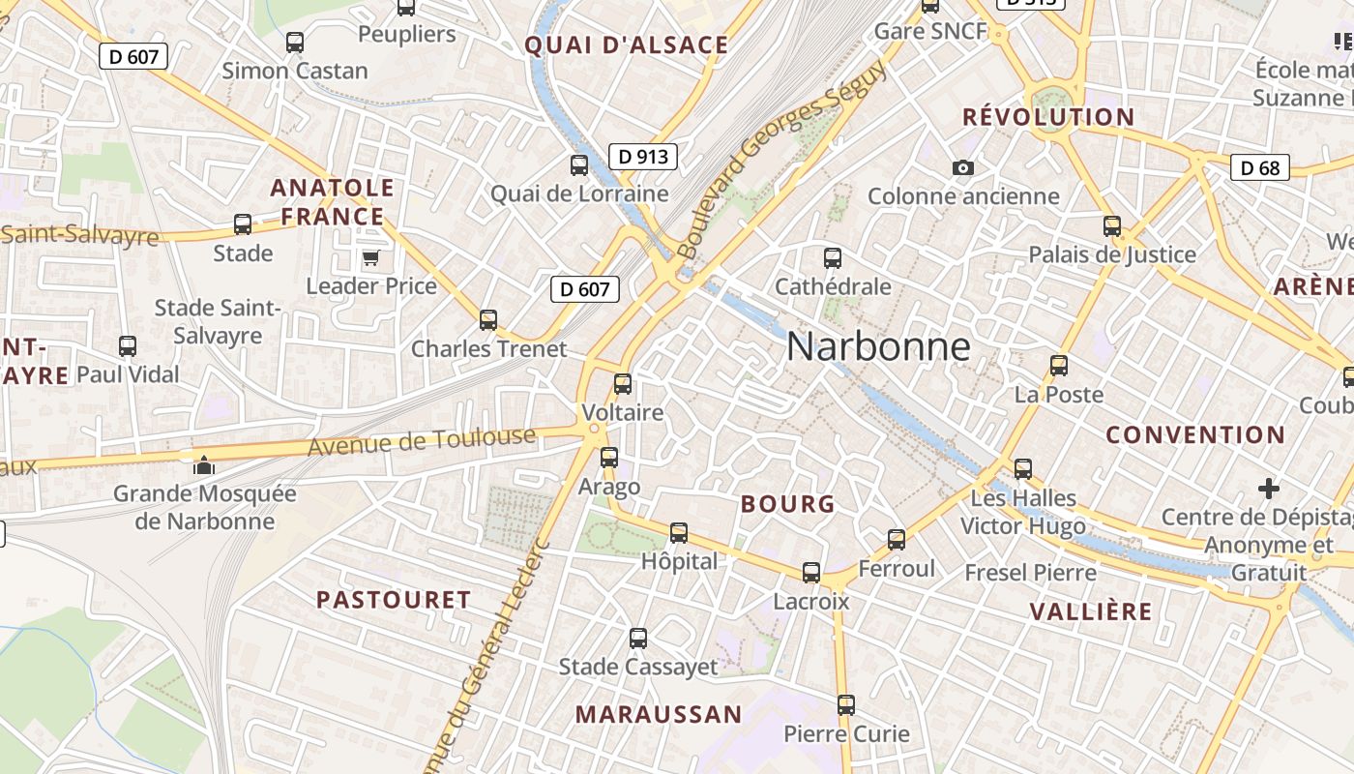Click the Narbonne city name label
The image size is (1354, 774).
878,346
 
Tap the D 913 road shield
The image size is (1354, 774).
643,156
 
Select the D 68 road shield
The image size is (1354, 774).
1260,167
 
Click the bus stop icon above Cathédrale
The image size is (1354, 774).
833,258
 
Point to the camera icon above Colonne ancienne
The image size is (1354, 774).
962,168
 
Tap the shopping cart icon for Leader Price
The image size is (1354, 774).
370,258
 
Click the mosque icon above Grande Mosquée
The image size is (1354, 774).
203,465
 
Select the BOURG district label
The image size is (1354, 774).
787,503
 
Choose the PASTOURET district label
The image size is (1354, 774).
394,600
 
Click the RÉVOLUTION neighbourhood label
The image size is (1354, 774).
1048,117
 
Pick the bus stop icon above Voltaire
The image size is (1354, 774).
623,384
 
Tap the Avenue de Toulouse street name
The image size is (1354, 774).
422,442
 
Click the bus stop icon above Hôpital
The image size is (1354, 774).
679,533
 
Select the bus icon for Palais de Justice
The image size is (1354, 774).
1112,226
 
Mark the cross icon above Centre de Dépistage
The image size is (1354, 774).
1269,489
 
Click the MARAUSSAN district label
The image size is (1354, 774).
659,715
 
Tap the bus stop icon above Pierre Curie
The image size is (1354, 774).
846,705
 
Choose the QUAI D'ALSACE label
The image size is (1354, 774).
627,45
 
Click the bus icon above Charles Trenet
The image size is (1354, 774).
488,320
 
